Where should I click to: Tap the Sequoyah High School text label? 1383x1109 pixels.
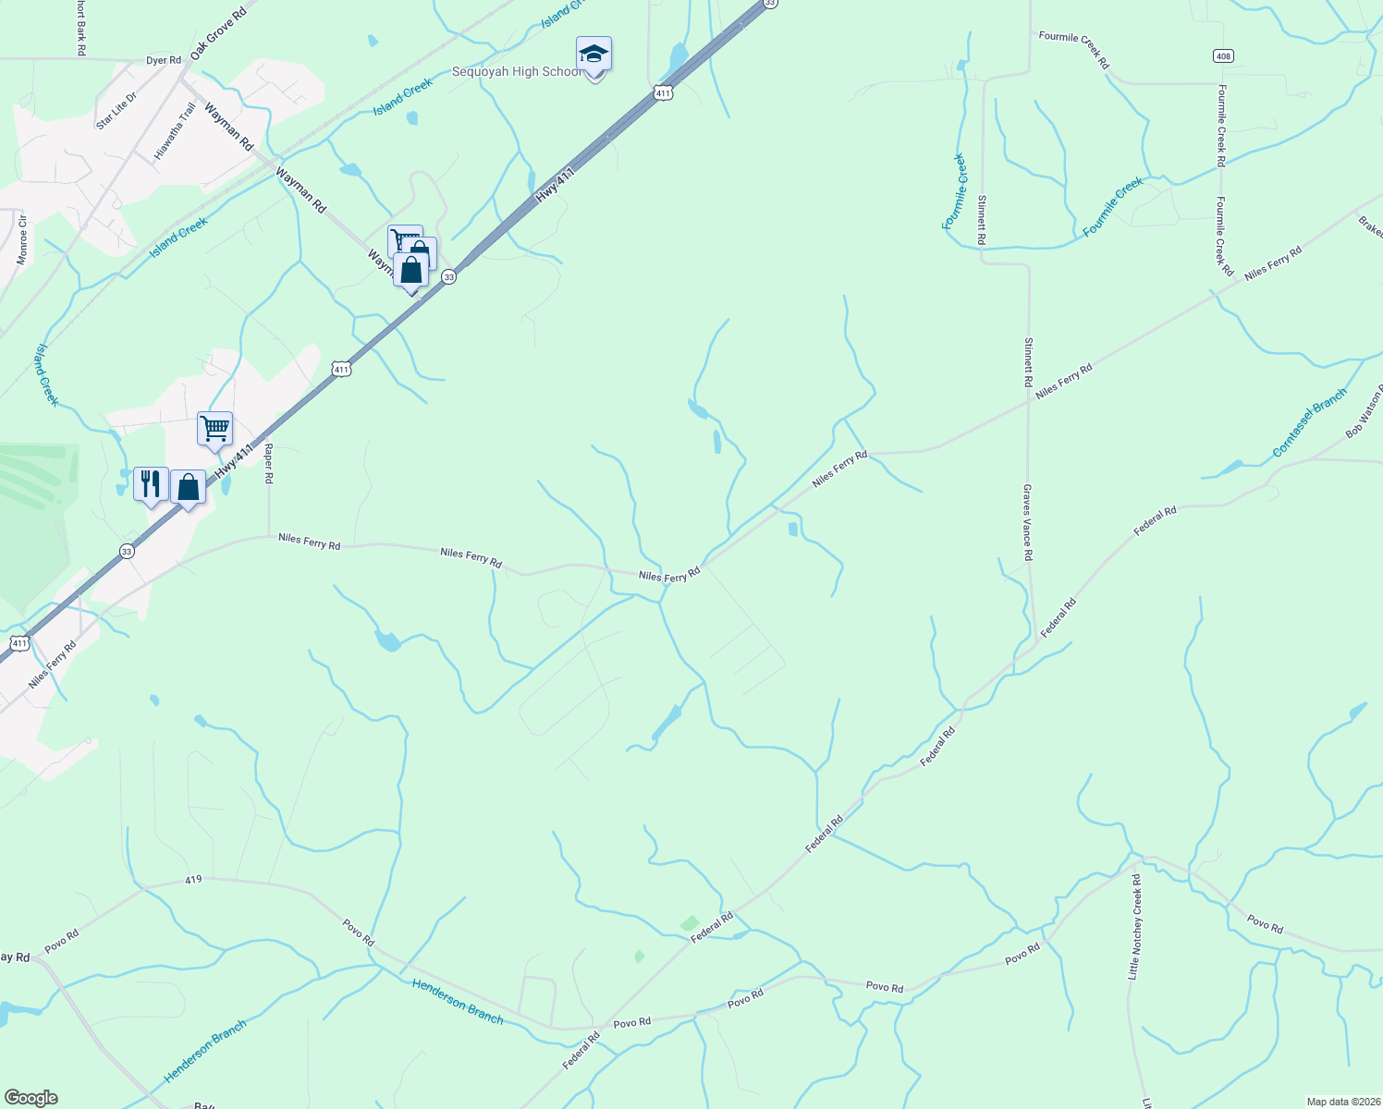[517, 72]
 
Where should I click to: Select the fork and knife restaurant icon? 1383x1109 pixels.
[151, 483]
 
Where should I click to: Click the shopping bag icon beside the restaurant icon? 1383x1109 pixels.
[188, 487]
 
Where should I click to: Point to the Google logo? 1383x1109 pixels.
[31, 1098]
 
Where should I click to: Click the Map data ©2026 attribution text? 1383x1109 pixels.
[1341, 1102]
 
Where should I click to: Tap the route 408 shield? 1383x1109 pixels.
[1223, 56]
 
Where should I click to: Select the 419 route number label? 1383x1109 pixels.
[193, 880]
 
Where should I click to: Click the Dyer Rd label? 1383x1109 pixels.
[164, 61]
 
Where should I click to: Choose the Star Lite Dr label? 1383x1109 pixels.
[116, 110]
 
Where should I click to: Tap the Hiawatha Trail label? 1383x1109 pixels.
[176, 131]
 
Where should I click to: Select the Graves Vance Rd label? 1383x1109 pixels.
[1027, 522]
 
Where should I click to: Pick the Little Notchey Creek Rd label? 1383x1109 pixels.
[1134, 927]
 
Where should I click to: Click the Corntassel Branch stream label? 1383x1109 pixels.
[1310, 423]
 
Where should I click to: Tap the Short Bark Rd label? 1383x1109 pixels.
[81, 28]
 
